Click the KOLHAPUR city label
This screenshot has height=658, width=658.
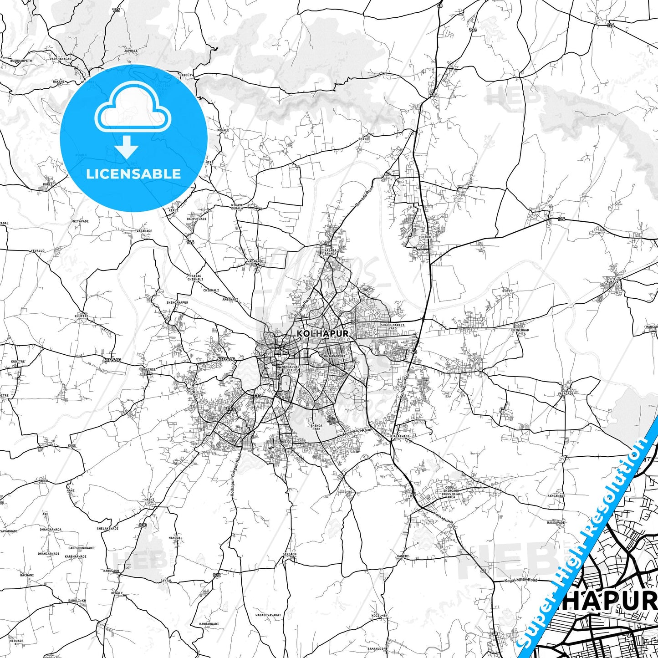tap(323, 333)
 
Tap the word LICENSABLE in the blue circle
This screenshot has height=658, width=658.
tap(133, 173)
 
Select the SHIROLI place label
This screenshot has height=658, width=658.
tap(427, 237)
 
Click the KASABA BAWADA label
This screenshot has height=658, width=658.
tap(330, 252)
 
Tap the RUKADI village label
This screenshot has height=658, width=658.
tap(612, 281)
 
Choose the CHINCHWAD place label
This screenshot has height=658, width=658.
tap(520, 330)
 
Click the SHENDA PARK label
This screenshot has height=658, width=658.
tap(316, 427)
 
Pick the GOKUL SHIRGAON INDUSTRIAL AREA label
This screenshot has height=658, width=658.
tap(451, 492)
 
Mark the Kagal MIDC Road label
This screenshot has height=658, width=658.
tap(521, 580)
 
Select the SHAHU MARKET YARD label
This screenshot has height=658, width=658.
tap(393, 326)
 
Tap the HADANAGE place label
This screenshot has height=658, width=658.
tap(255, 261)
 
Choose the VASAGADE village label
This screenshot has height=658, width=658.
tap(566, 393)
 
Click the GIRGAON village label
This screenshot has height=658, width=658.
tap(289, 554)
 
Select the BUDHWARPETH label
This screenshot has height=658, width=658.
tap(21, 60)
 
